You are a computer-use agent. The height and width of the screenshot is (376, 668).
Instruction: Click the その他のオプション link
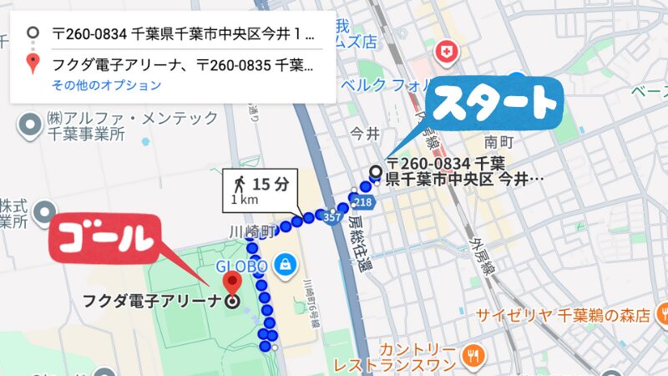click(106, 85)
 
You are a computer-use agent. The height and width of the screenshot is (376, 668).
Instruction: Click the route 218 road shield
click(362, 202)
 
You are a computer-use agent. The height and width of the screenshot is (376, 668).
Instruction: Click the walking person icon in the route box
click(239, 182)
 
